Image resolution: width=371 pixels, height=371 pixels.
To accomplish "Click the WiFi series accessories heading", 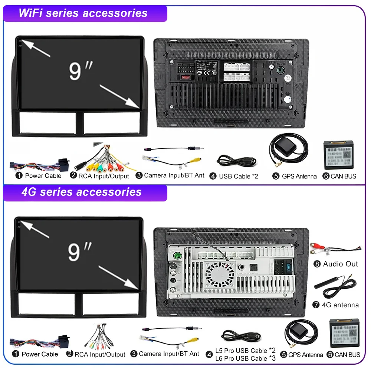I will [83, 13].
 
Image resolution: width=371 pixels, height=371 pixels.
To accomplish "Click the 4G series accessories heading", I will [81, 192].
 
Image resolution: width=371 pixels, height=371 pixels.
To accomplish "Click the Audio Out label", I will [340, 264].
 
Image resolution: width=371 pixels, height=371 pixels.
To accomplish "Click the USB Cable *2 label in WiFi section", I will [238, 176].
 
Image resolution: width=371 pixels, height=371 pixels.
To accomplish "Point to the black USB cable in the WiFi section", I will [236, 161].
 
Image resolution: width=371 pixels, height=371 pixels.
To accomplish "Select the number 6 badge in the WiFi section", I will [326, 176].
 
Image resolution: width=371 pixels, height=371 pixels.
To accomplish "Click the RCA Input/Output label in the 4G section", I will [100, 354].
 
